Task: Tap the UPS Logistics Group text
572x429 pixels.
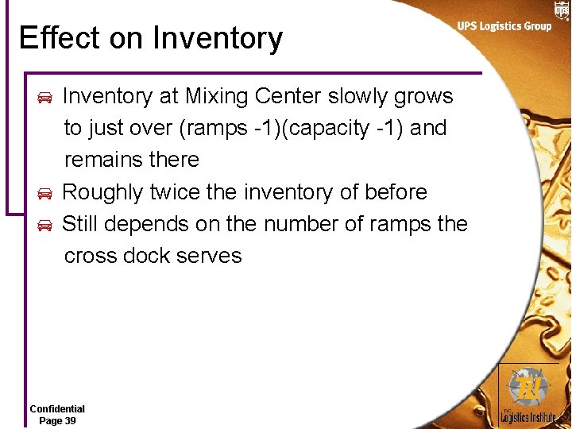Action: click(504, 26)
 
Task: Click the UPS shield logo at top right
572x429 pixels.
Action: click(561, 10)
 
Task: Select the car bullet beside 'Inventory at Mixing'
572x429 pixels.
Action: click(45, 98)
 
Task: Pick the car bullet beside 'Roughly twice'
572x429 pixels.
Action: click(45, 194)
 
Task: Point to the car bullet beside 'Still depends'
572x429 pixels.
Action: click(45, 226)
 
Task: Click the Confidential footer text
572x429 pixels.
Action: click(57, 409)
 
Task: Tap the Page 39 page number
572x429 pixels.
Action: click(57, 420)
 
